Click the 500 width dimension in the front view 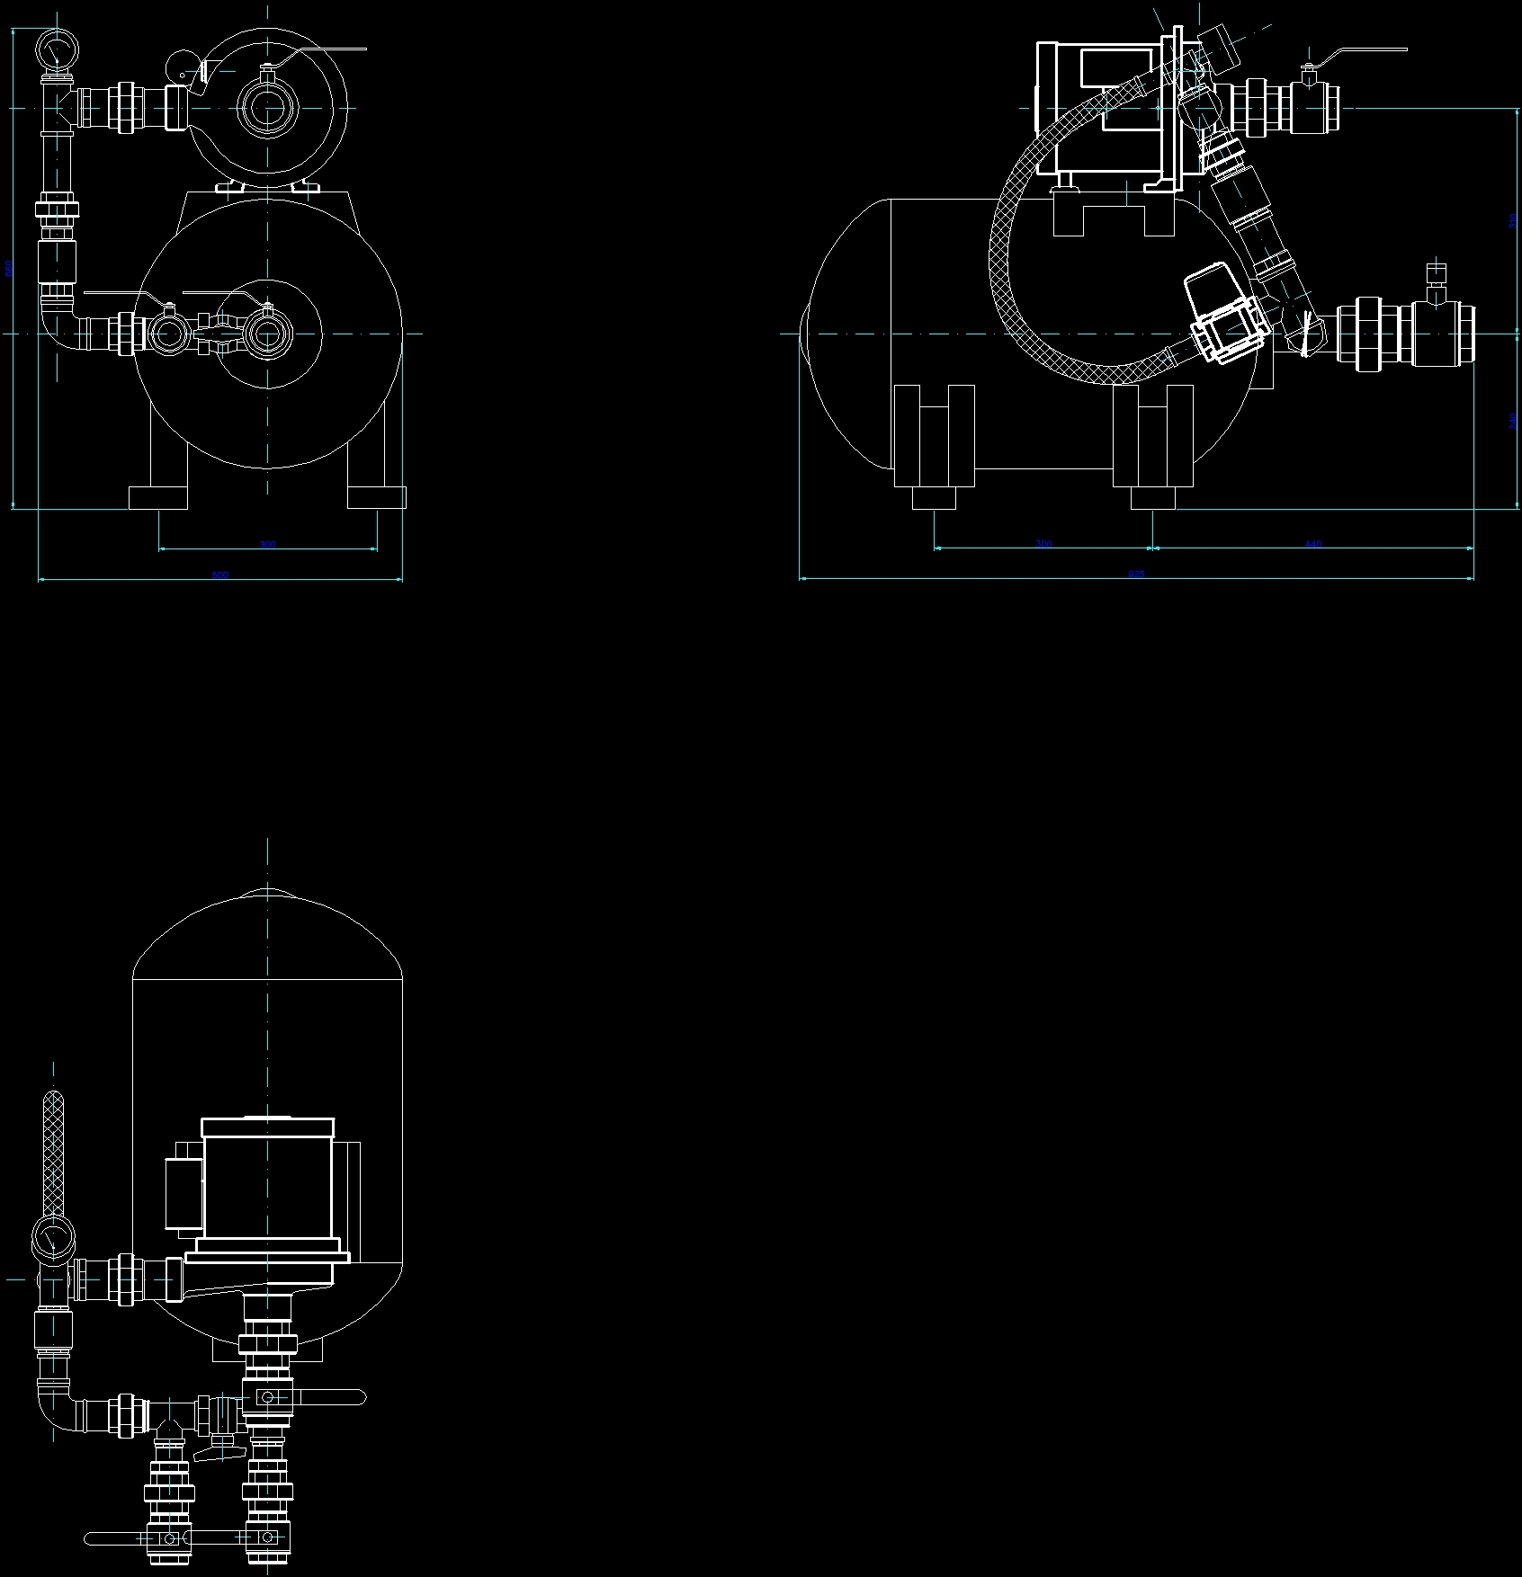coord(219,575)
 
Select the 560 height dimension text coord(9,267)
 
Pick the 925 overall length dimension coord(1136,574)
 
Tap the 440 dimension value coord(1312,543)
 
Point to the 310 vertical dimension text coord(1512,221)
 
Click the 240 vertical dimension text coord(1512,421)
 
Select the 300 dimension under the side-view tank coord(1043,543)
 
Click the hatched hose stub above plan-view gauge coord(54,1151)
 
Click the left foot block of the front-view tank coord(158,497)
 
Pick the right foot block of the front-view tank coord(376,497)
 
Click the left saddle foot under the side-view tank coord(934,437)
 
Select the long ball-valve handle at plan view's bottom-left coord(117,1538)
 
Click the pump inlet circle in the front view coord(267,108)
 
